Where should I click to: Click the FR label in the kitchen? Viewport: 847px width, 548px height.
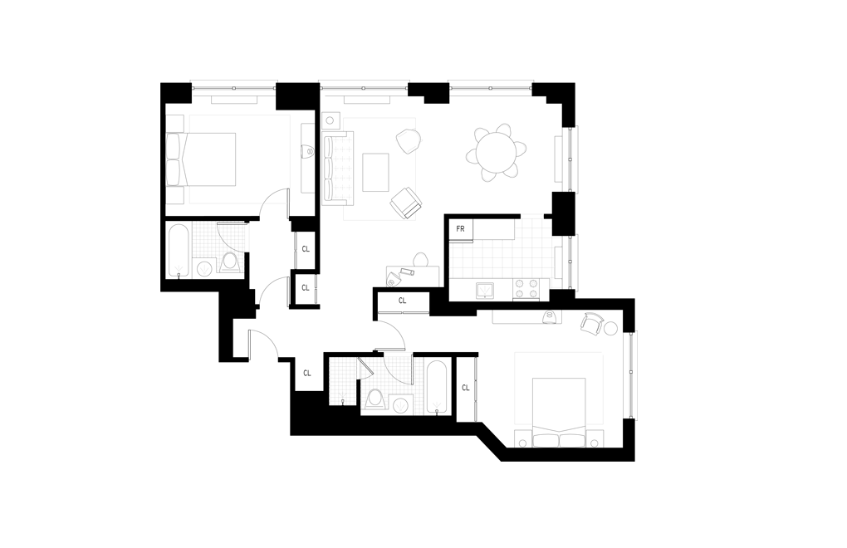pos(459,228)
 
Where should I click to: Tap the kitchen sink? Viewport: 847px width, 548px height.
pos(485,290)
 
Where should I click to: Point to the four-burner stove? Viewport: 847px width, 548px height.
pos(526,288)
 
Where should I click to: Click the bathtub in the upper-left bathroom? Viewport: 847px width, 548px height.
pos(179,249)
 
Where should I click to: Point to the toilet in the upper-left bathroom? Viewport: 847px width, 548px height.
pos(230,263)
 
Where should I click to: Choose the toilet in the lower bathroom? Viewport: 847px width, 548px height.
pos(375,399)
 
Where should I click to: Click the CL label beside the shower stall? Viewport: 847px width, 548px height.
pos(306,374)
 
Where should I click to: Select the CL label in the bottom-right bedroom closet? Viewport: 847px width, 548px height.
pos(465,387)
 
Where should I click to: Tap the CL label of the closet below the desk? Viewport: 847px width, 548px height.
pos(403,301)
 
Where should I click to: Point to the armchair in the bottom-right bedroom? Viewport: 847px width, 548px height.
pos(593,325)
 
